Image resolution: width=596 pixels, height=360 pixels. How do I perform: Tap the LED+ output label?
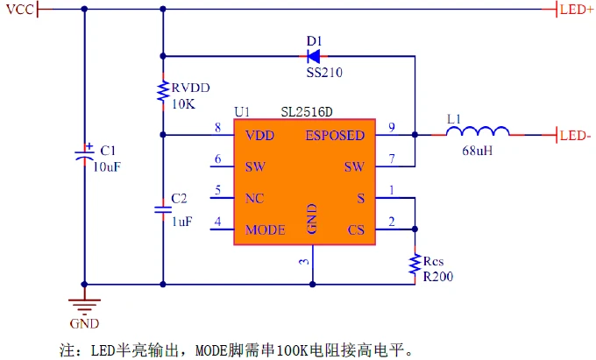coord(576,10)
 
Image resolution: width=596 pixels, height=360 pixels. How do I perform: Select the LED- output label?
coord(575,136)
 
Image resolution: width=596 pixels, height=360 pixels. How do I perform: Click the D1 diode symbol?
coord(314,55)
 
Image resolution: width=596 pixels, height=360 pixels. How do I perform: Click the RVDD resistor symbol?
coord(163,90)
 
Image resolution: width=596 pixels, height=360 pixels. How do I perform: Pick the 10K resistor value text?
coord(183,103)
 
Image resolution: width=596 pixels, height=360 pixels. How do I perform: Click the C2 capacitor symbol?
coord(163,209)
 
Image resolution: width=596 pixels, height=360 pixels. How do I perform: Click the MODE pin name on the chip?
coord(265,230)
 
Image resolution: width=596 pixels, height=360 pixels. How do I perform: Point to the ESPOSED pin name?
coord(335,136)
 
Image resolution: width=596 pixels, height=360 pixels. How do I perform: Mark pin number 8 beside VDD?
coord(217,129)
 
